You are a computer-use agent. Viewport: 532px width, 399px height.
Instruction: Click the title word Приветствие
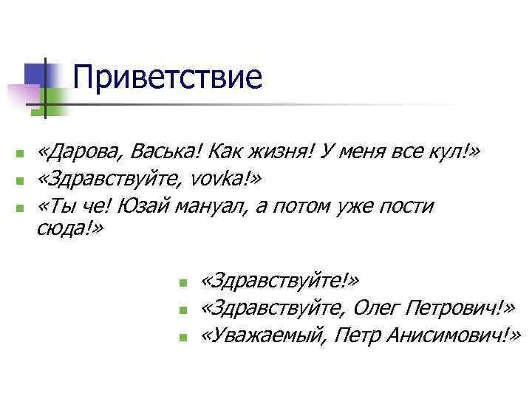[x=168, y=77]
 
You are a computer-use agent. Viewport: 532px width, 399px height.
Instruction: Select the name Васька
[x=167, y=152]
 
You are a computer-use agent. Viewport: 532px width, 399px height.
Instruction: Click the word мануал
[x=211, y=206]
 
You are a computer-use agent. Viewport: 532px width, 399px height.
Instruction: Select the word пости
[x=406, y=206]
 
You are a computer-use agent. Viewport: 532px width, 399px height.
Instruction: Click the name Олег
[x=378, y=307]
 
